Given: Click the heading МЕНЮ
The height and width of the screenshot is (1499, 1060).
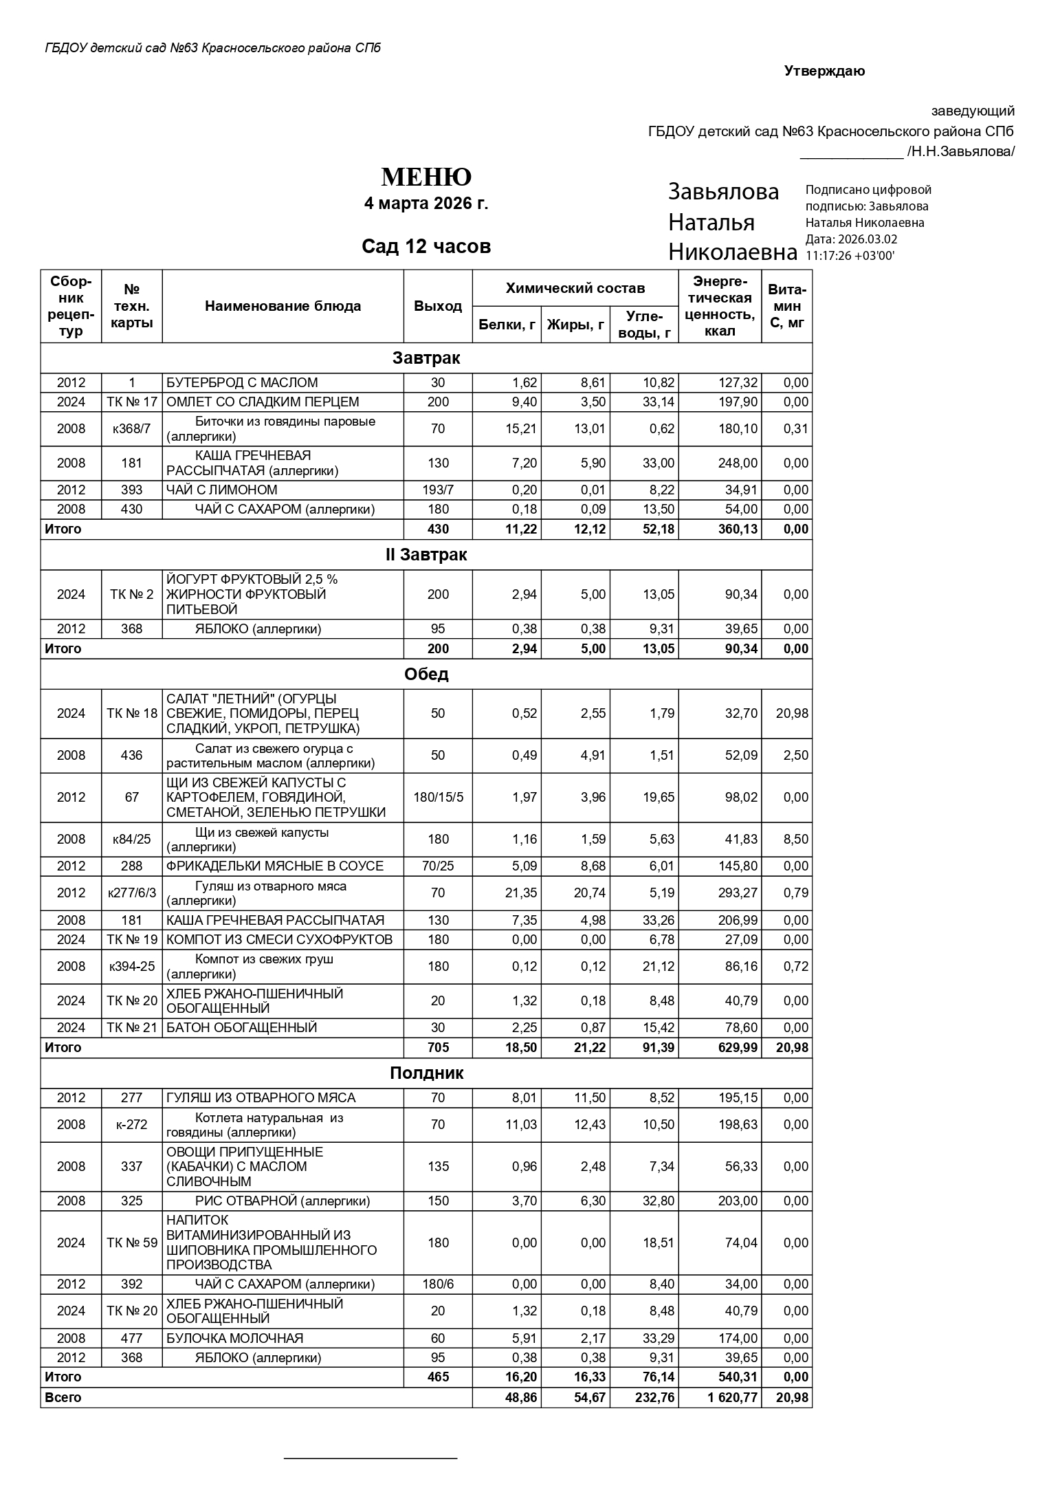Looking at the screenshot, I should point(426,177).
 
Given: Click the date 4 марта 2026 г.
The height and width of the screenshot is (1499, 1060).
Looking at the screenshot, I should point(426,204).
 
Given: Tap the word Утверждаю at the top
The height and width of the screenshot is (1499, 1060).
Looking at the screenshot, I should point(824,72).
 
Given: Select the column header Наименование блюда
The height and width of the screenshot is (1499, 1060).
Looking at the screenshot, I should point(283,306).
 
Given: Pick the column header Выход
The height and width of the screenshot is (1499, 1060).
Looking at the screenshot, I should point(438,306).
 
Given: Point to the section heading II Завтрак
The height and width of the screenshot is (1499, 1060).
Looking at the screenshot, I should point(426,555).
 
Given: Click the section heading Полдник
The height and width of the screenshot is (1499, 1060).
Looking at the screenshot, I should point(426,1073).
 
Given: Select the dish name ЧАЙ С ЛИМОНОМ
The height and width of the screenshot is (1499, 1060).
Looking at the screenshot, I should point(222,490).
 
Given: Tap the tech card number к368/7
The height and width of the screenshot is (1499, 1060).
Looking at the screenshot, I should point(131,429).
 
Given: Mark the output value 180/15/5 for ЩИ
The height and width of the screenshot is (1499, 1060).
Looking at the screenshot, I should point(438,798).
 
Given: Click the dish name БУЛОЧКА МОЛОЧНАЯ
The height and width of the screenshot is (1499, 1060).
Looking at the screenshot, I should point(234,1338).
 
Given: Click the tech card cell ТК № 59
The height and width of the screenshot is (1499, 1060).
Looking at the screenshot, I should point(131,1243).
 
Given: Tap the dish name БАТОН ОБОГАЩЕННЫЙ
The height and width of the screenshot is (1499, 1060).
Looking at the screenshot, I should point(241,1028).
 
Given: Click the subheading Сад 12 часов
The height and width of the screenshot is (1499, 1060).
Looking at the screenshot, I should point(426,246).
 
